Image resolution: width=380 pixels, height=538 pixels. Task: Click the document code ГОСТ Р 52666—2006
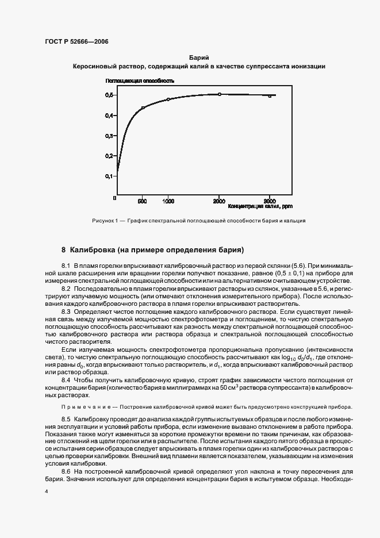(x=76, y=42)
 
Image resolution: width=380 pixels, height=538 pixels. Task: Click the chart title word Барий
(x=198, y=58)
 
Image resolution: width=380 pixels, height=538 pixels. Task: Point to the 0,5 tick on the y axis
(x=109, y=95)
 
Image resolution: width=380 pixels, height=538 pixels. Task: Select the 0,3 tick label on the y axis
(x=109, y=136)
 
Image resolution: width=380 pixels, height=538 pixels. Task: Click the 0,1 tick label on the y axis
(x=109, y=176)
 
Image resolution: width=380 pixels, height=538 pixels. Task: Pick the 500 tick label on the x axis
(x=143, y=202)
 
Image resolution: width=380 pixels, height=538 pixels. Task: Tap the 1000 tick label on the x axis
(x=168, y=202)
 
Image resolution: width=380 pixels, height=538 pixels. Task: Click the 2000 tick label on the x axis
(x=219, y=202)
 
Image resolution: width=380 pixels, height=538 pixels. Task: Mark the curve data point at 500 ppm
(x=143, y=108)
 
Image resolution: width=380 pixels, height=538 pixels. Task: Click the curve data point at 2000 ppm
(x=220, y=94)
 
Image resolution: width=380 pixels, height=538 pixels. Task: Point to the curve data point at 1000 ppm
(x=168, y=99)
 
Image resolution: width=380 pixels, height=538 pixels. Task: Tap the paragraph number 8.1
(x=66, y=266)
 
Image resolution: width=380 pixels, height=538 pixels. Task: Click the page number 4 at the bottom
(x=46, y=493)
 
